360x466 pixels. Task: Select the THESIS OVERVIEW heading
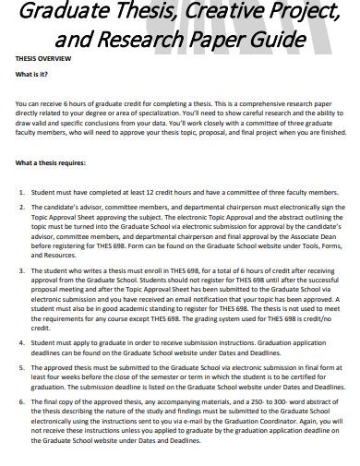click(42, 57)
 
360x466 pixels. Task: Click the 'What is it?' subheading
click(34, 74)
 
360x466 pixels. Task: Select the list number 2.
click(21, 209)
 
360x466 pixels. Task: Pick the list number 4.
click(21, 342)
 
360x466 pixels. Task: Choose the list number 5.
click(21, 367)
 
